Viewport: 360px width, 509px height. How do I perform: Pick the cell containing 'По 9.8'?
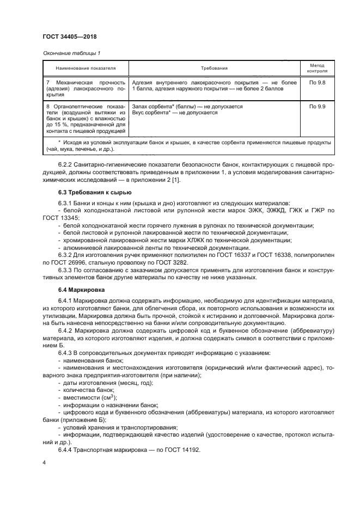pos(317,82)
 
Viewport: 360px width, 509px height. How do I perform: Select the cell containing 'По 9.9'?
pos(317,107)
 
